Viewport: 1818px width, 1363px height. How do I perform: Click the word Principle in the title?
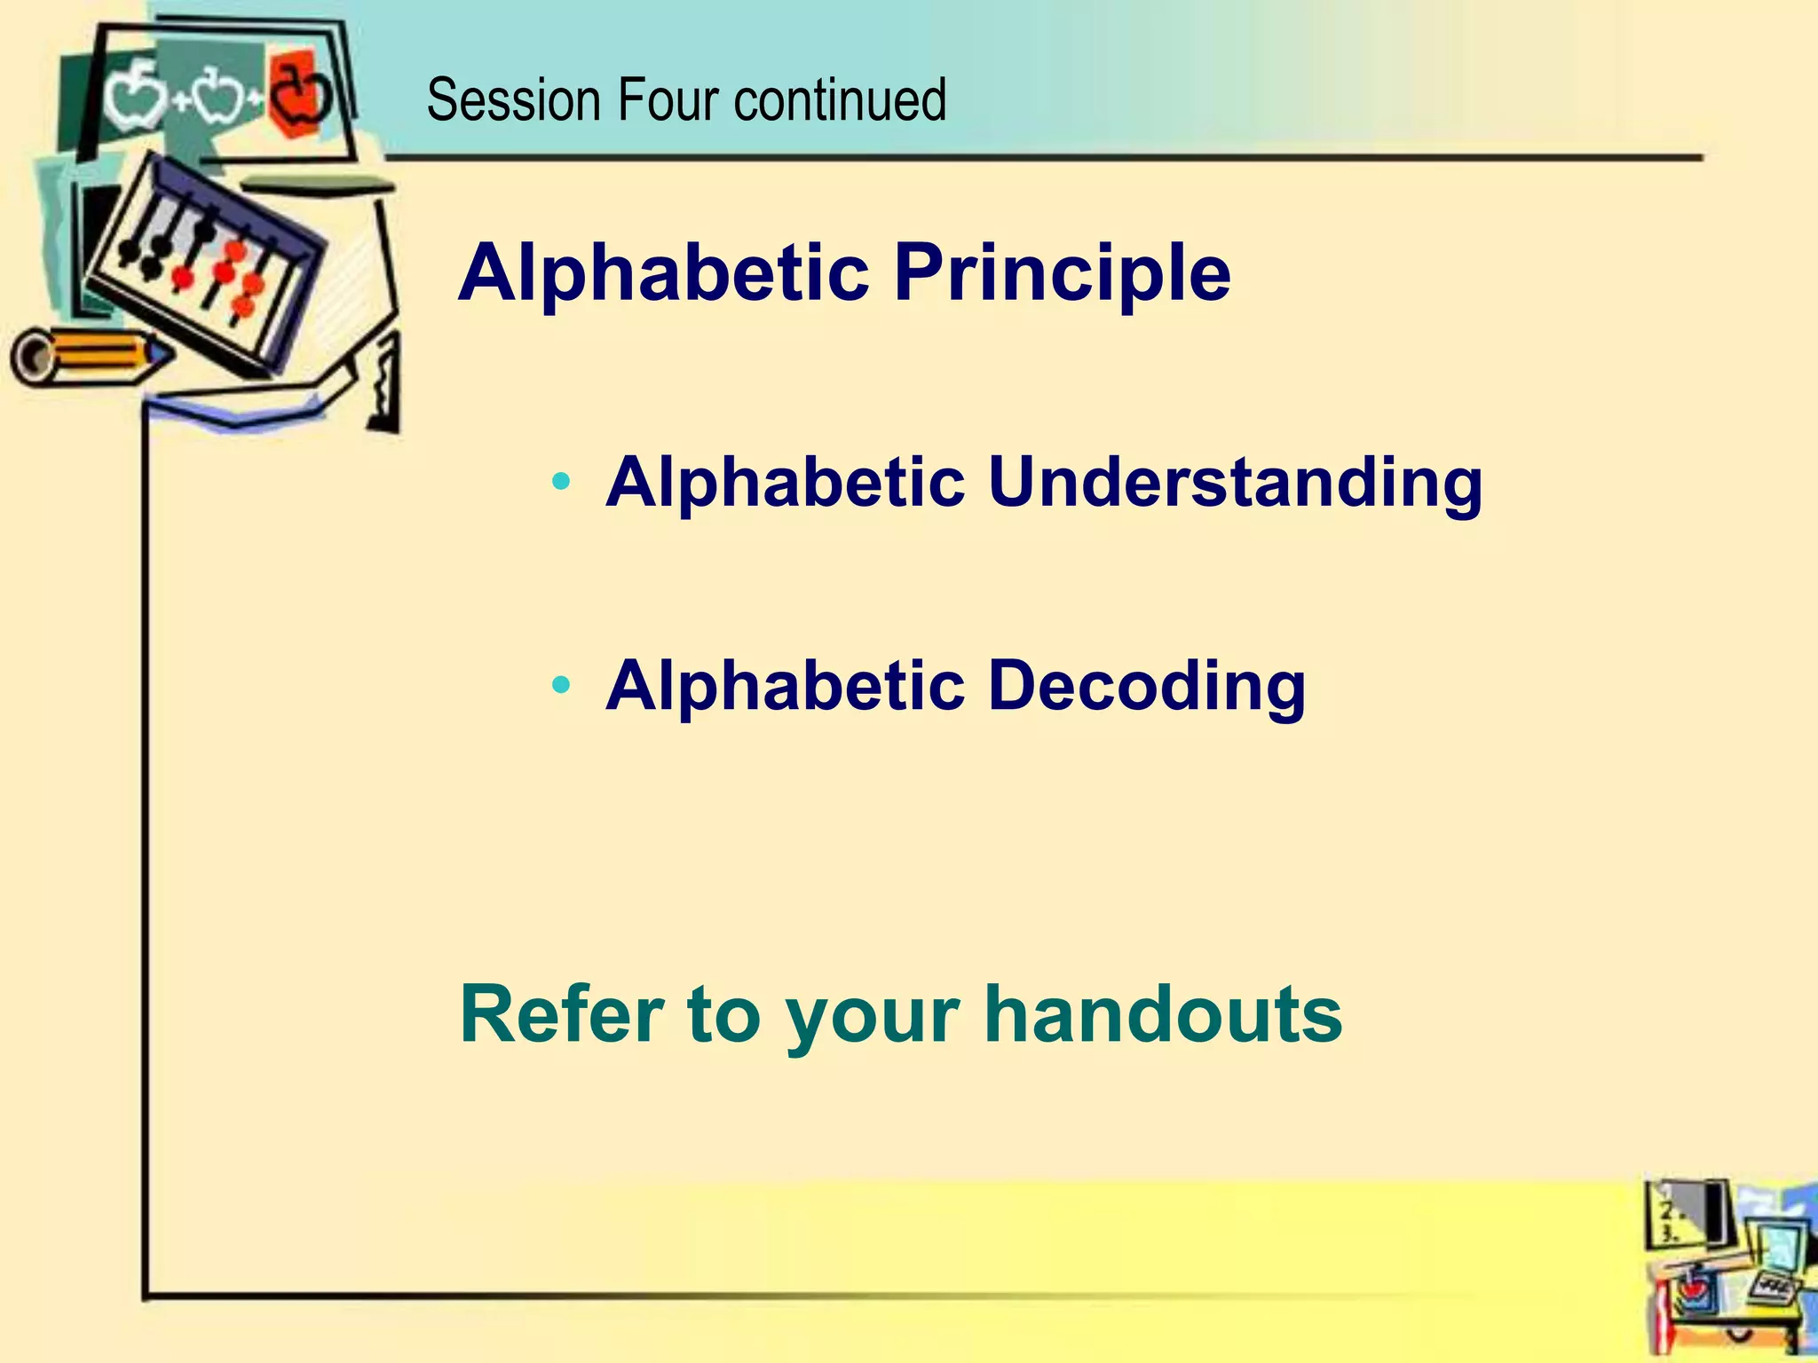tap(1062, 273)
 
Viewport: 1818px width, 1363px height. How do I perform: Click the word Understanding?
tap(1235, 484)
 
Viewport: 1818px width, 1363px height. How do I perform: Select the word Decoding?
tap(1146, 688)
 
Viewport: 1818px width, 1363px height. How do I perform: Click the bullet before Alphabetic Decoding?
tap(560, 685)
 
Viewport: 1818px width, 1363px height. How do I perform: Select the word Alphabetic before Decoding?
tap(785, 688)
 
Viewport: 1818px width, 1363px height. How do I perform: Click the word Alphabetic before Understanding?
tap(785, 484)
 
